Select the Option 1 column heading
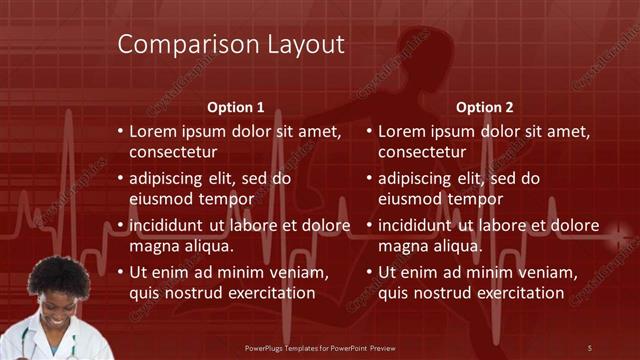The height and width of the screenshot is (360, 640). [x=235, y=107]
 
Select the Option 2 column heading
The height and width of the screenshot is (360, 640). [x=485, y=107]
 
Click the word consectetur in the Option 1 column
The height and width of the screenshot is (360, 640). [x=173, y=152]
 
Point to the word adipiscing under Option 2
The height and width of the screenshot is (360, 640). [x=416, y=179]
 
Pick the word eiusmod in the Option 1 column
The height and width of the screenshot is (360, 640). [x=160, y=199]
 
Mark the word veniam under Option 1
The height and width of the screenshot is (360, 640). [x=301, y=273]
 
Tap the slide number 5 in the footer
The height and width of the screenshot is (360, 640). [x=589, y=347]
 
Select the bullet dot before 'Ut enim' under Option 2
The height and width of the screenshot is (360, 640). [x=370, y=273]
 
